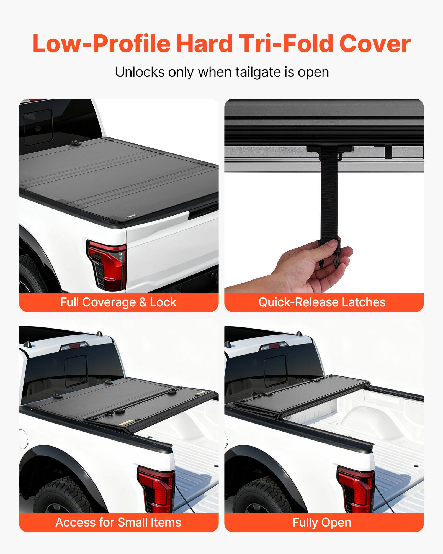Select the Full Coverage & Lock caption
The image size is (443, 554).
[119, 302]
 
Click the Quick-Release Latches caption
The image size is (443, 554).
[322, 302]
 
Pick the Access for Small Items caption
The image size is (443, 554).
[119, 522]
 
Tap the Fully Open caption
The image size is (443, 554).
[322, 522]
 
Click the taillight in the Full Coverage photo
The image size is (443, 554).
[108, 265]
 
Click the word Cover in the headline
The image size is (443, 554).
[375, 44]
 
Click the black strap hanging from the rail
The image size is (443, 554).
[329, 194]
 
